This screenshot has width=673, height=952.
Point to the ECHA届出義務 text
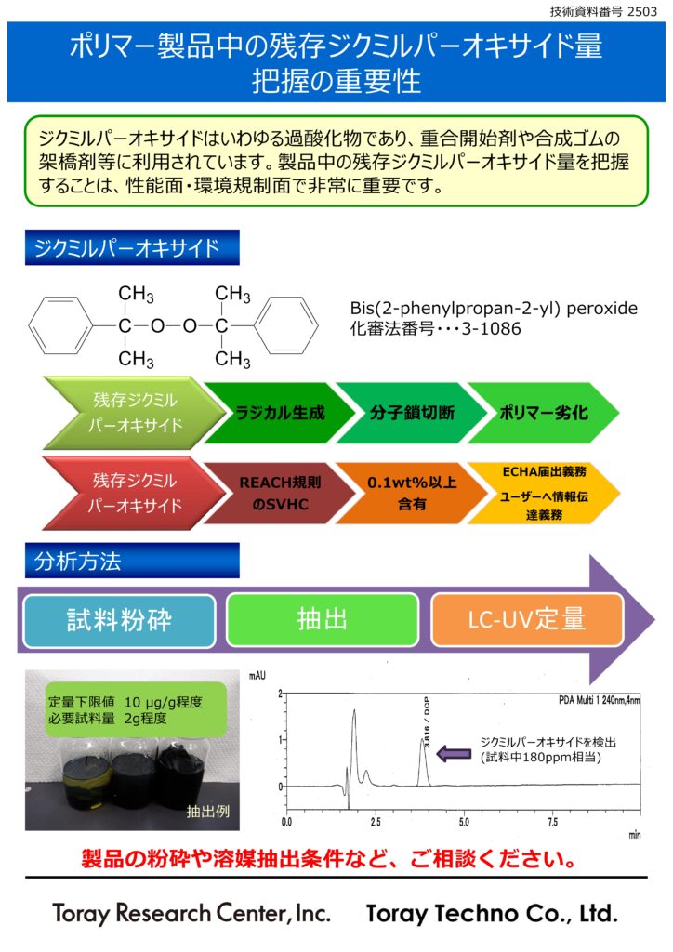point(542,472)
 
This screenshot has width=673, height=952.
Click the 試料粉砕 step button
point(119,620)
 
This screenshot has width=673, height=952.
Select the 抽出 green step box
point(323,620)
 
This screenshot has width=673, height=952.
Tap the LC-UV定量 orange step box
point(526,620)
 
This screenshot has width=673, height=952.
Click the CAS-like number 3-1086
point(488,329)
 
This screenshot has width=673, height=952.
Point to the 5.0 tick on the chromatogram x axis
point(463,823)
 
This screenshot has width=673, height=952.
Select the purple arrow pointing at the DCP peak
point(455,751)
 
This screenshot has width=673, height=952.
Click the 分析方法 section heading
point(78,561)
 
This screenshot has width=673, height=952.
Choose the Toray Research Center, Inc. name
point(191,913)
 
